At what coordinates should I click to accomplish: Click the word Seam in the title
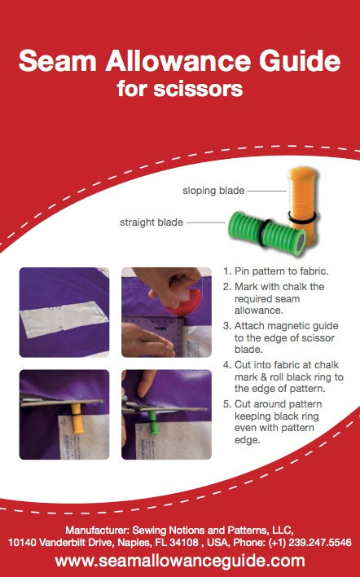pyautogui.click(x=57, y=61)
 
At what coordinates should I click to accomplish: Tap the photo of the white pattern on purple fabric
pyautogui.click(x=64, y=312)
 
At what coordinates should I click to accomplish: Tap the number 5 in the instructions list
pyautogui.click(x=227, y=404)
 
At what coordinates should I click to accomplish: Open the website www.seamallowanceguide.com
pyautogui.click(x=180, y=561)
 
